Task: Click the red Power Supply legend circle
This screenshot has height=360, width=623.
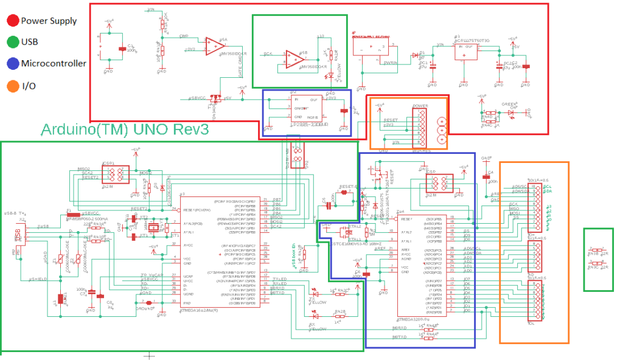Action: (x=12, y=21)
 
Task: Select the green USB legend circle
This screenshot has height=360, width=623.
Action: (x=12, y=42)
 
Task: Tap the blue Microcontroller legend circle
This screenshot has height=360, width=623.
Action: (x=12, y=63)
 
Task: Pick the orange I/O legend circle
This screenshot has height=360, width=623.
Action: (x=12, y=85)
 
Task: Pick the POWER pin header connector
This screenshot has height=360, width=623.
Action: (x=420, y=125)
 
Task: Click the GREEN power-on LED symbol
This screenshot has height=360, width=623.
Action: (x=512, y=112)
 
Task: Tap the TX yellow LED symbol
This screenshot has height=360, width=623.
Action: (x=315, y=291)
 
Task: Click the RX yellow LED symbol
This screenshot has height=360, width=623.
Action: (x=315, y=316)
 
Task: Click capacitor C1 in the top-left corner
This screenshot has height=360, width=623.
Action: (x=122, y=49)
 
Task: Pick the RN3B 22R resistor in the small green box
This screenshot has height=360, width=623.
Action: (x=598, y=250)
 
